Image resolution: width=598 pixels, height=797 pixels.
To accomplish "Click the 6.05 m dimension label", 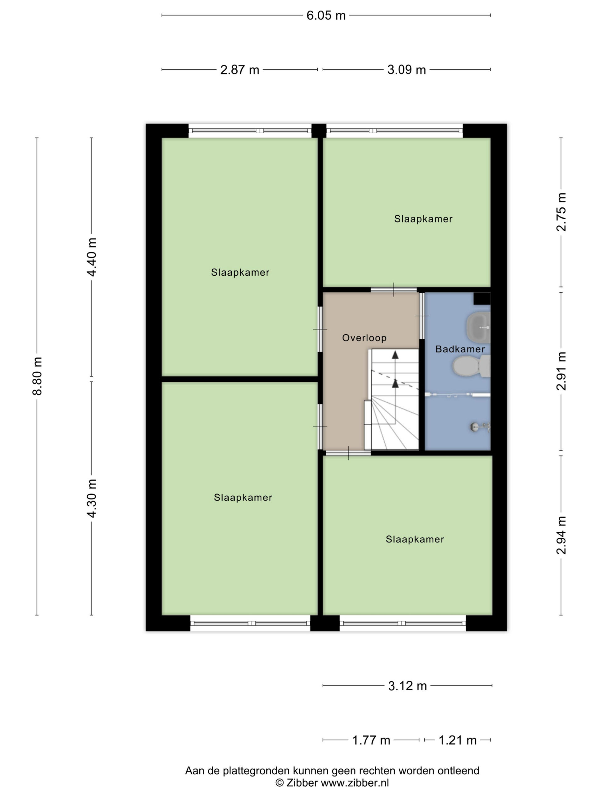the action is click(326, 16).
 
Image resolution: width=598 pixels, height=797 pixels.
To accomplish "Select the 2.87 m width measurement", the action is click(240, 69).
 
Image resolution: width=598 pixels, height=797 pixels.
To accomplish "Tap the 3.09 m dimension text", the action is click(406, 69).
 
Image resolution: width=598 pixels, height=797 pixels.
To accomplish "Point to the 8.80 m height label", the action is click(37, 376).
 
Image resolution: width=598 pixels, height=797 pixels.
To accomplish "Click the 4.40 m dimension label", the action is click(92, 257).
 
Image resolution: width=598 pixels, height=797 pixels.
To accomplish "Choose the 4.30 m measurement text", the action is click(92, 498).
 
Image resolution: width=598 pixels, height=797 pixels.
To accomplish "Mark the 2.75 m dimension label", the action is click(561, 212).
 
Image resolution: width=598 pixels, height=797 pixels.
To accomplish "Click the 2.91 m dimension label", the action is click(561, 371).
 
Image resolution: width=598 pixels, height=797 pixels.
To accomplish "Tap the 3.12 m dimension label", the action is click(407, 686).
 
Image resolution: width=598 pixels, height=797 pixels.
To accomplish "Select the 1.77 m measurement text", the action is click(371, 740).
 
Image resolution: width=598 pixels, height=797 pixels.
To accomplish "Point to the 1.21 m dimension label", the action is click(458, 740).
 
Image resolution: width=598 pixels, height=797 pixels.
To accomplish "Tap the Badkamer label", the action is click(460, 349).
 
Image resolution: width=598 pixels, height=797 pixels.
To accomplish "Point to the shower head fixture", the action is click(480, 427).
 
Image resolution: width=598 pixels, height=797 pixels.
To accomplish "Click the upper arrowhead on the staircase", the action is click(396, 355).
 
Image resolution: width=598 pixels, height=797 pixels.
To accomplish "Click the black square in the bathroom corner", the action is click(482, 298).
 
